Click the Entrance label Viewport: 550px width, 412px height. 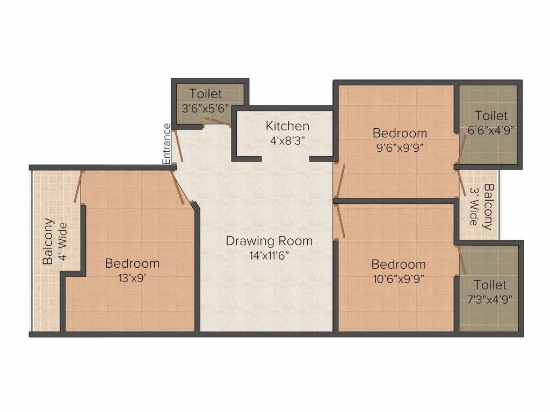click(167, 144)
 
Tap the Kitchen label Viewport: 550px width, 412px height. click(287, 126)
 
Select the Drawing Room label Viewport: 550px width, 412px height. click(269, 241)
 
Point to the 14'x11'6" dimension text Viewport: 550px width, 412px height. click(269, 255)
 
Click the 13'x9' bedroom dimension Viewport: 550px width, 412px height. click(132, 278)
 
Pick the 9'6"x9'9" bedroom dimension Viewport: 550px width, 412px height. click(400, 148)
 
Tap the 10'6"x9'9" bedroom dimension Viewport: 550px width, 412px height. click(399, 279)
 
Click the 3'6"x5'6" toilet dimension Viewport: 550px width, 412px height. click(205, 108)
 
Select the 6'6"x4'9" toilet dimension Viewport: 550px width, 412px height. click(491, 130)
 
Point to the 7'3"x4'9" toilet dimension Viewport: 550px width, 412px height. click(490, 299)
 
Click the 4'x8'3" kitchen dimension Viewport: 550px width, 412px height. click(287, 141)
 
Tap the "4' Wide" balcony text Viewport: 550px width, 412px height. click(62, 241)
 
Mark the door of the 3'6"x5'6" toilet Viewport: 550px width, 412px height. click(218, 121)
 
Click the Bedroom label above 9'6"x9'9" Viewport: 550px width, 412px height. click(400, 133)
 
